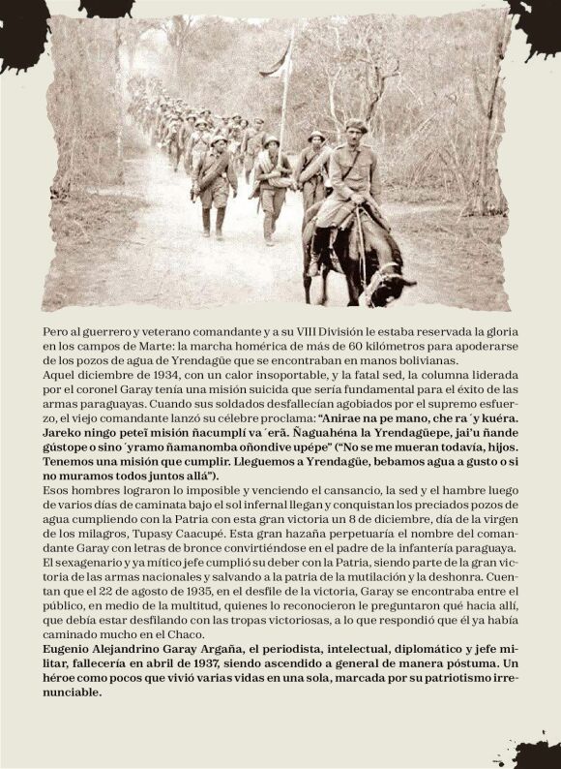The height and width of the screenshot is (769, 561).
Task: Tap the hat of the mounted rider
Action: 357,126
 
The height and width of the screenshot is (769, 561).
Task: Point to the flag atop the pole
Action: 278,60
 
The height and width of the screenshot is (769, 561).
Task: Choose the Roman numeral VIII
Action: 272,330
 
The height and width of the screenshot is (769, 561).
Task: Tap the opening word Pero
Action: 57,330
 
